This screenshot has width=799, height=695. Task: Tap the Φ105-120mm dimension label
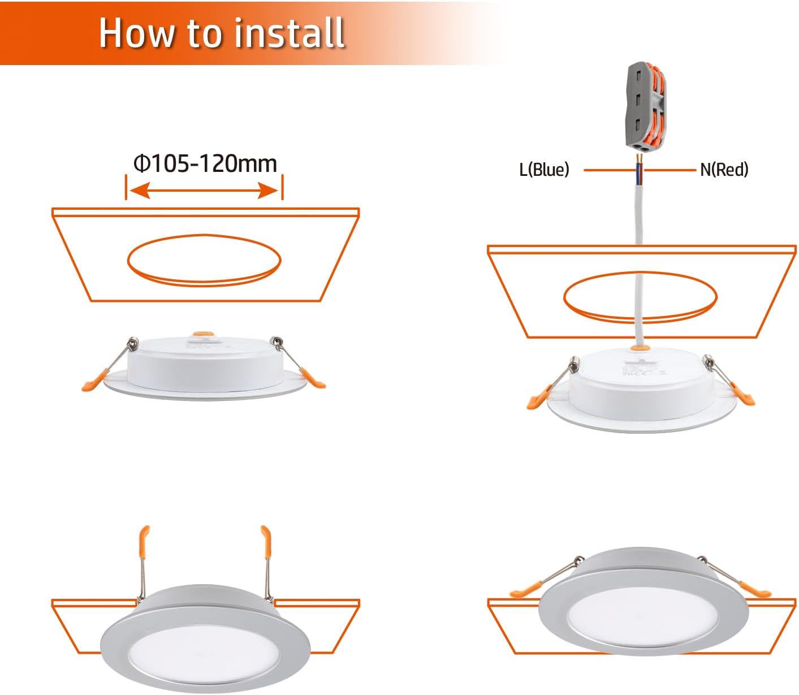point(205,164)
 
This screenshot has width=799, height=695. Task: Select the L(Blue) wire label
point(544,169)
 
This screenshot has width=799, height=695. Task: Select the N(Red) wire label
point(724,169)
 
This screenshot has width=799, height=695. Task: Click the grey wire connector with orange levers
point(645,107)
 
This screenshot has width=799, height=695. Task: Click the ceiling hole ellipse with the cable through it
point(640,296)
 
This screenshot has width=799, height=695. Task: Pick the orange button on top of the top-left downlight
point(200,335)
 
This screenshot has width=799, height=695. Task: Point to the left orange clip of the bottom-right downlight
point(524,592)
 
